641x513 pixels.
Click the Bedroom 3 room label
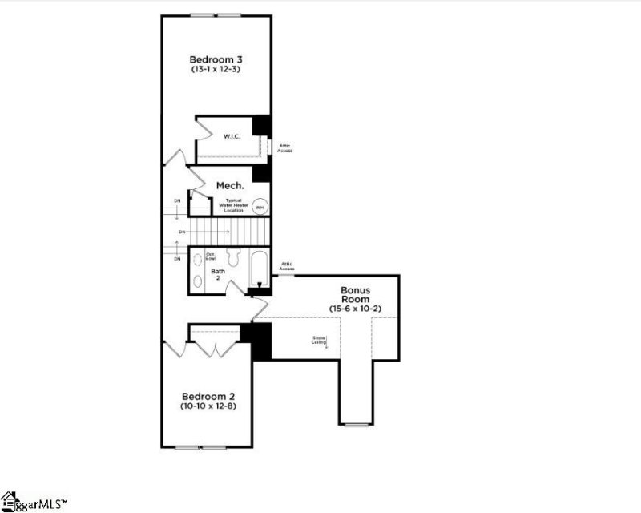click(216, 59)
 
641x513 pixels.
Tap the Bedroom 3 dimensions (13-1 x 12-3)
click(216, 70)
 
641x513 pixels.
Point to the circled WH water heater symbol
click(259, 207)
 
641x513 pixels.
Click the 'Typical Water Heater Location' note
click(234, 205)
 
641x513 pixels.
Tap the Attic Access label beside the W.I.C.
click(284, 147)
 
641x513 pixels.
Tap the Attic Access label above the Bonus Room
click(287, 265)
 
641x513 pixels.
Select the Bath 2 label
click(218, 275)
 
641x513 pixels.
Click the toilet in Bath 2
click(234, 258)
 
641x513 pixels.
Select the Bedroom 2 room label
click(208, 396)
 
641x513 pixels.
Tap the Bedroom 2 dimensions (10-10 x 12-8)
click(208, 407)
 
